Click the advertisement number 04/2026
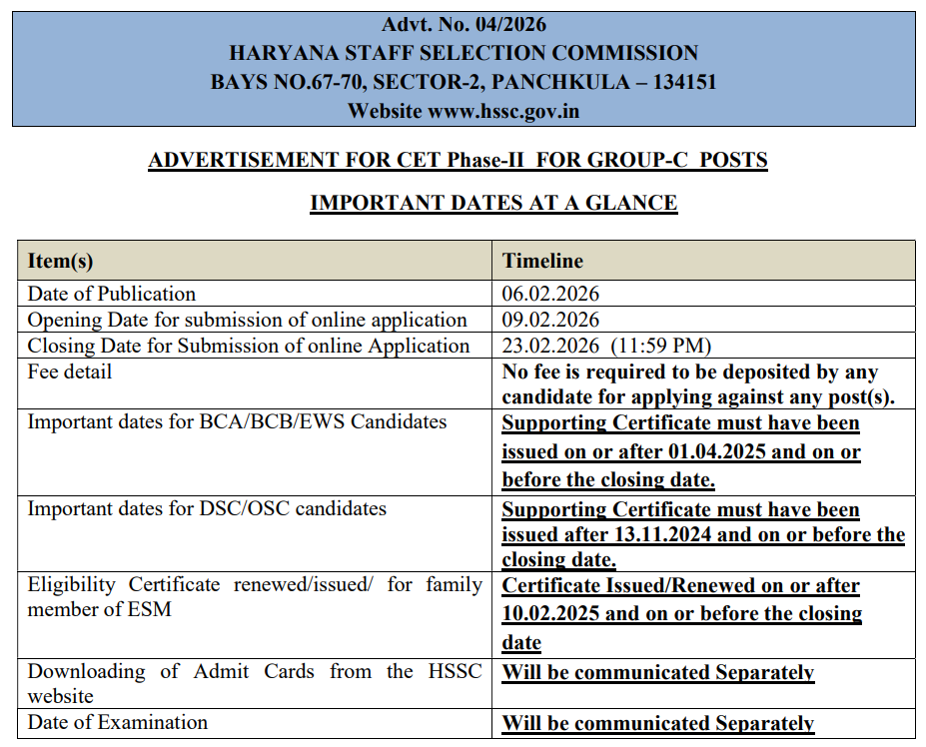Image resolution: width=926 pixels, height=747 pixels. [x=504, y=24]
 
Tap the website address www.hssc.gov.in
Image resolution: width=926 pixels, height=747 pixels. [x=503, y=111]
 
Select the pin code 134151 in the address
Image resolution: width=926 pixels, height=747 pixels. [x=684, y=82]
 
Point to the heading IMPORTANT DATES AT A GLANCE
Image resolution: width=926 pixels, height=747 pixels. [x=493, y=203]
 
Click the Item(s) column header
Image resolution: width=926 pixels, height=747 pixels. [x=60, y=261]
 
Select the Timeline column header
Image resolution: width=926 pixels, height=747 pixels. [x=542, y=261]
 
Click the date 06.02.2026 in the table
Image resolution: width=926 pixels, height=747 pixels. [x=550, y=294]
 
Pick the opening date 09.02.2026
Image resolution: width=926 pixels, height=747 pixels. [x=550, y=320]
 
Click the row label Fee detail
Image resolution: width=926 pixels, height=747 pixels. [x=70, y=372]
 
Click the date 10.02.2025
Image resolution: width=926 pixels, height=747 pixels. [x=551, y=613]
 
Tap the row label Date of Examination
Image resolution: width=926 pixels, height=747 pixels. [x=118, y=722]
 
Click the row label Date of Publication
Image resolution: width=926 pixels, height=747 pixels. [x=112, y=294]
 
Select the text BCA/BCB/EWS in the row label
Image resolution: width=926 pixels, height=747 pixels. [x=288, y=421]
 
